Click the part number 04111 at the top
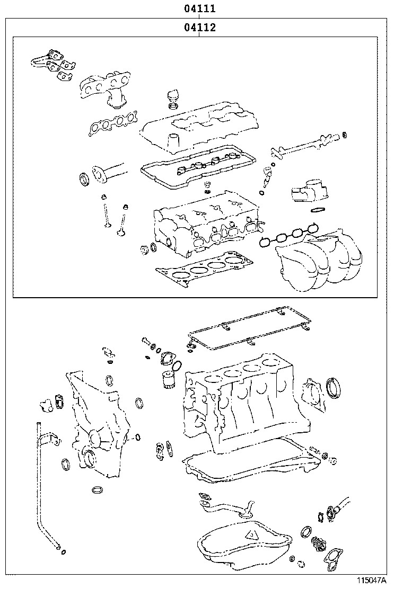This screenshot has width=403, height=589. [199, 9]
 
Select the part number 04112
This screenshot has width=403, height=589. [199, 28]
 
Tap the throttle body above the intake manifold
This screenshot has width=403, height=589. [308, 193]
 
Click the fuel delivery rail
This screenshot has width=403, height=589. [302, 146]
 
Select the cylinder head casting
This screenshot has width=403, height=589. [207, 222]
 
